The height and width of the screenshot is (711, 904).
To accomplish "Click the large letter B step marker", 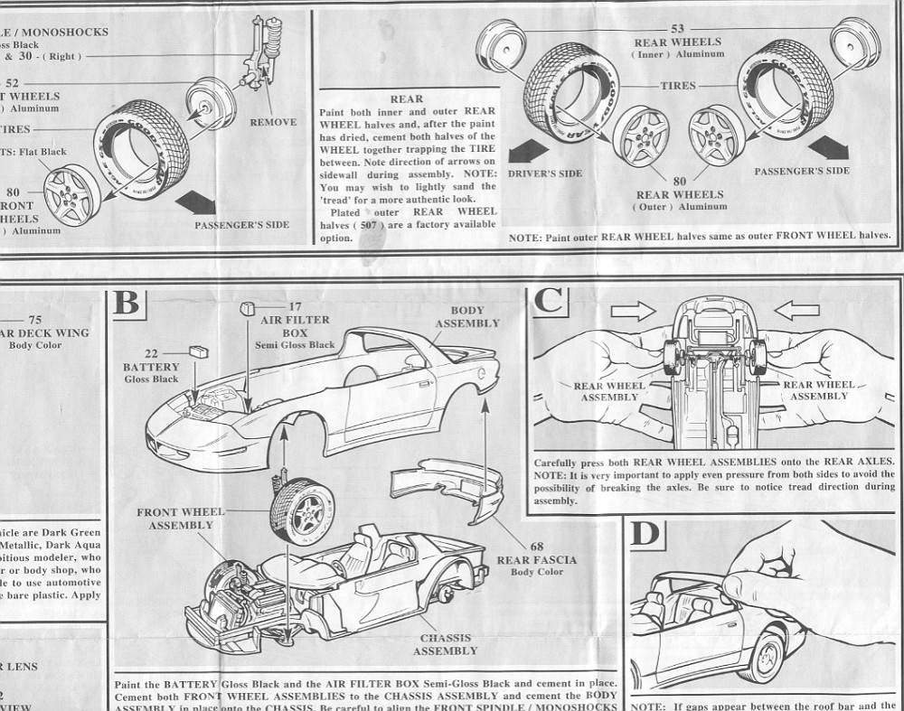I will click(127, 302).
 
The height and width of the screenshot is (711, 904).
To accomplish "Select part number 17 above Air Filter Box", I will click(294, 307).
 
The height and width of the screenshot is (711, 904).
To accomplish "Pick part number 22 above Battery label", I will click(151, 354).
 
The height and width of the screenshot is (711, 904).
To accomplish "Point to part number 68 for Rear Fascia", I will click(536, 547).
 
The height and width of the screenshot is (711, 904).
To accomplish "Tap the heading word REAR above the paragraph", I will click(406, 99).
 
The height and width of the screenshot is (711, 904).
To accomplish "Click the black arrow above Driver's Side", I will click(527, 150).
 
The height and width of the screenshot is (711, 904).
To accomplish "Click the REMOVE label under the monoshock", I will click(272, 122).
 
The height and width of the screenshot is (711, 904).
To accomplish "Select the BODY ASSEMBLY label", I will click(469, 316).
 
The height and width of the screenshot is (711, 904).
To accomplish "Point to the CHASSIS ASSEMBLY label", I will click(445, 644).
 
